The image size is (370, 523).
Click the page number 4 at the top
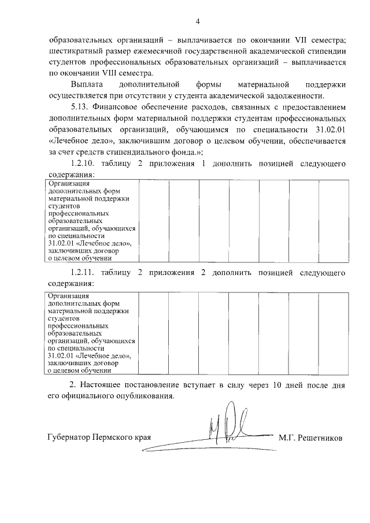197,22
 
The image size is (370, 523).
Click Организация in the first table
69,184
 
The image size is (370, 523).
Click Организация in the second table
69,296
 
